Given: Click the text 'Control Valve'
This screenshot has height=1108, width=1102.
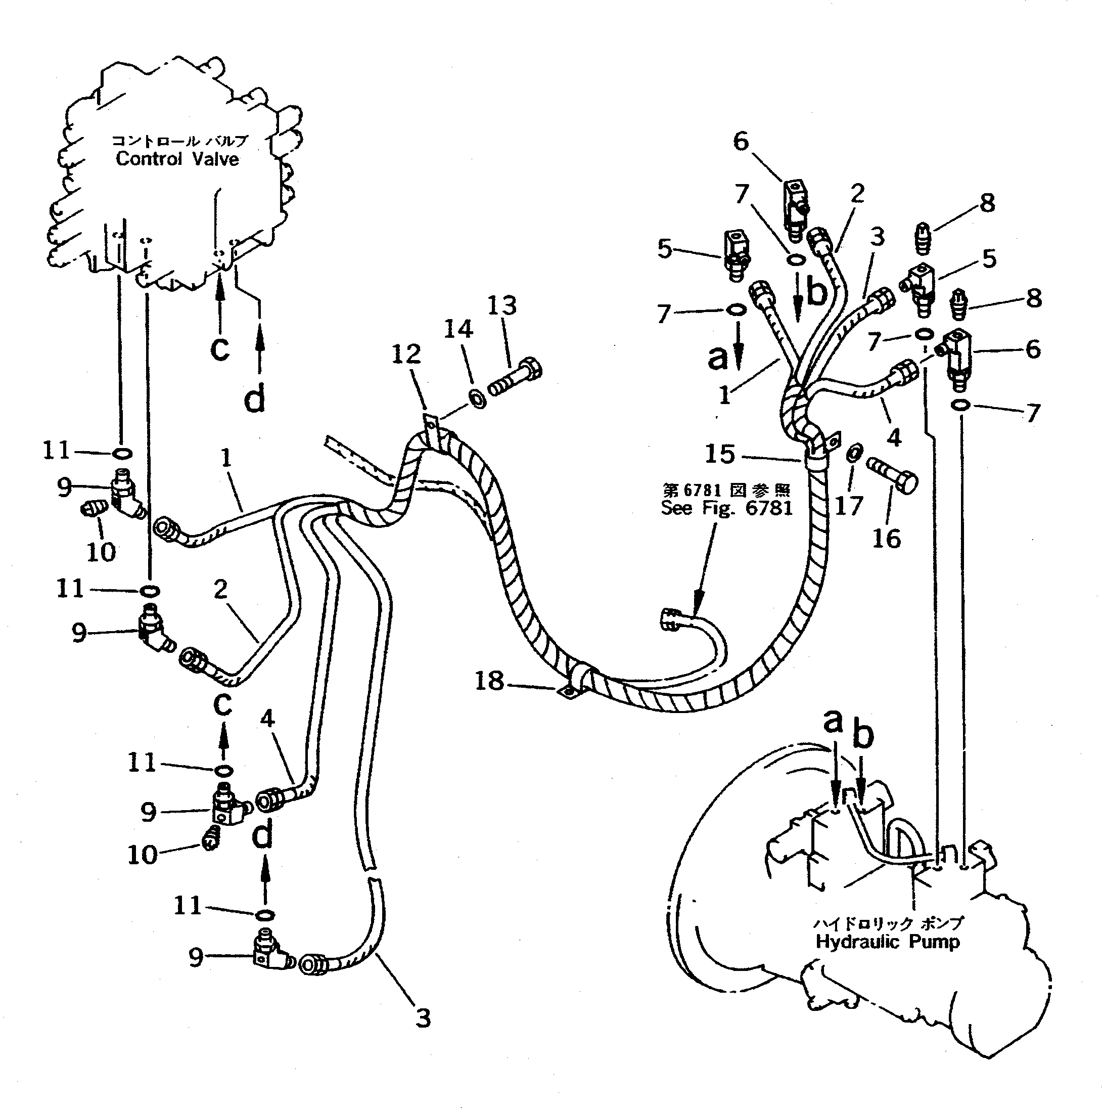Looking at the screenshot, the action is pos(177,159).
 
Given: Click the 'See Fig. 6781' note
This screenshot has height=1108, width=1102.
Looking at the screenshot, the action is pos(726,508).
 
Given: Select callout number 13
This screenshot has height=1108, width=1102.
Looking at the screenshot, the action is pos(502,305).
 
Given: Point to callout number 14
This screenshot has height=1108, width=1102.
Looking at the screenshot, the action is pos(458,329).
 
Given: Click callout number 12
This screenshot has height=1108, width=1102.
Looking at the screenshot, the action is pos(406,354).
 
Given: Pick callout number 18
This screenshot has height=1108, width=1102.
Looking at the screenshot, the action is pos(489,681).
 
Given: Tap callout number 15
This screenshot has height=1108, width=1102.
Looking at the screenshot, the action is pos(720,454).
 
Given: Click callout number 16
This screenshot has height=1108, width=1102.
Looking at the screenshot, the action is pos(887,538).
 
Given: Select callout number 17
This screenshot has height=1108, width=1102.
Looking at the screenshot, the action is pos(849,505).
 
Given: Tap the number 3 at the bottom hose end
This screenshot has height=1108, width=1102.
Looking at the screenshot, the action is pos(423,1018).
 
